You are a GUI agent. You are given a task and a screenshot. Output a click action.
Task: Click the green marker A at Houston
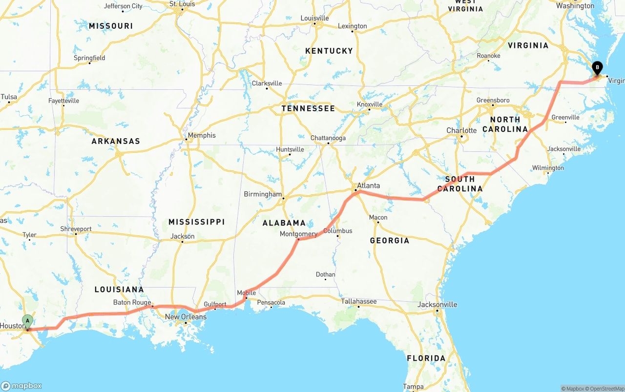[x=28, y=321]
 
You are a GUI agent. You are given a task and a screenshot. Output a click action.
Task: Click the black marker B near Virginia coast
[x=597, y=68]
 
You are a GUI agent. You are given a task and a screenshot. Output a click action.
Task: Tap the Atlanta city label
[x=368, y=186]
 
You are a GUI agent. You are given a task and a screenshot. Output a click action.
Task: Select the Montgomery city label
[x=298, y=234]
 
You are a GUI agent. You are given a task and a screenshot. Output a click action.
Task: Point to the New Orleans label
[x=186, y=317]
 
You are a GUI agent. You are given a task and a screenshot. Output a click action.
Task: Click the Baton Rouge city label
[x=132, y=302]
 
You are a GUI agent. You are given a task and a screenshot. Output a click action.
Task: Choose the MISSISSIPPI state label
[x=196, y=222]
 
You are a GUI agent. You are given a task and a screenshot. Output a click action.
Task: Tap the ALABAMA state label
[x=284, y=223]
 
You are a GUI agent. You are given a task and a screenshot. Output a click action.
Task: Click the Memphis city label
[x=202, y=135]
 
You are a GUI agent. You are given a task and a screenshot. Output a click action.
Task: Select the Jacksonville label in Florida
[x=437, y=305]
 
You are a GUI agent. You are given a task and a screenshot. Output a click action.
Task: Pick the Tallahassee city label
[x=358, y=301]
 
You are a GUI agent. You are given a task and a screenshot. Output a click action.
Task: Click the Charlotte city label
[x=461, y=130]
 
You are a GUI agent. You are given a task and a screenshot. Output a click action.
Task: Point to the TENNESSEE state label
[x=308, y=108]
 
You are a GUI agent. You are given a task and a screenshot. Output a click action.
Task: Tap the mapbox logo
[x=21, y=386]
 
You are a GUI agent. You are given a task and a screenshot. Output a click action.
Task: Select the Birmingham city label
[x=263, y=194]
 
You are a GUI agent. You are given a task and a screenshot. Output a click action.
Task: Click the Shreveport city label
[x=76, y=229]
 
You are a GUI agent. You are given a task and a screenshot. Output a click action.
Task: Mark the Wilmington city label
[x=548, y=168]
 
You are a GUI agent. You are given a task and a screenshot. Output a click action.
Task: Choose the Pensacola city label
[x=271, y=303]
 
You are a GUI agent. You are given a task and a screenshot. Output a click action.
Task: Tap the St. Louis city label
[x=182, y=4]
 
